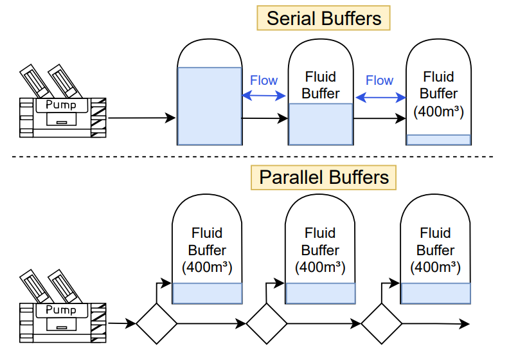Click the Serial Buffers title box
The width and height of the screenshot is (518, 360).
tap(324, 18)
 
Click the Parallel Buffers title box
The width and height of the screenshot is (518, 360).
tap(324, 177)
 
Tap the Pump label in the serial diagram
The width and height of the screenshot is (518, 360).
tap(62, 105)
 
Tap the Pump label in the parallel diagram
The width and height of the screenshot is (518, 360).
tap(62, 310)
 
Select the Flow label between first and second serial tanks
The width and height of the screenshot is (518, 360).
tap(263, 80)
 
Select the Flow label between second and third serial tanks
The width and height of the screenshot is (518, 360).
tap(379, 80)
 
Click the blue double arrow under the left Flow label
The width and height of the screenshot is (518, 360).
tap(264, 96)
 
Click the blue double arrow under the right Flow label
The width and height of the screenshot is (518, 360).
tap(380, 97)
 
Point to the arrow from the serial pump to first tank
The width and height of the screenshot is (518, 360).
tap(141, 118)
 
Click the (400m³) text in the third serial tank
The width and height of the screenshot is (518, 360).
tap(438, 111)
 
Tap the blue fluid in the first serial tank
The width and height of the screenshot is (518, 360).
tap(210, 105)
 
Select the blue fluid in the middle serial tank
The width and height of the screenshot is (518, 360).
tap(321, 124)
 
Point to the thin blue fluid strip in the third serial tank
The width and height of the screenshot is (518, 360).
tap(438, 139)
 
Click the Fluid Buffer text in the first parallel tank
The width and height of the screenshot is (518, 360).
tap(207, 241)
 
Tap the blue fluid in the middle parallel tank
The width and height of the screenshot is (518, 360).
tap(320, 293)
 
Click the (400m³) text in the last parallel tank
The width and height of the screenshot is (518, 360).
tap(435, 267)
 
